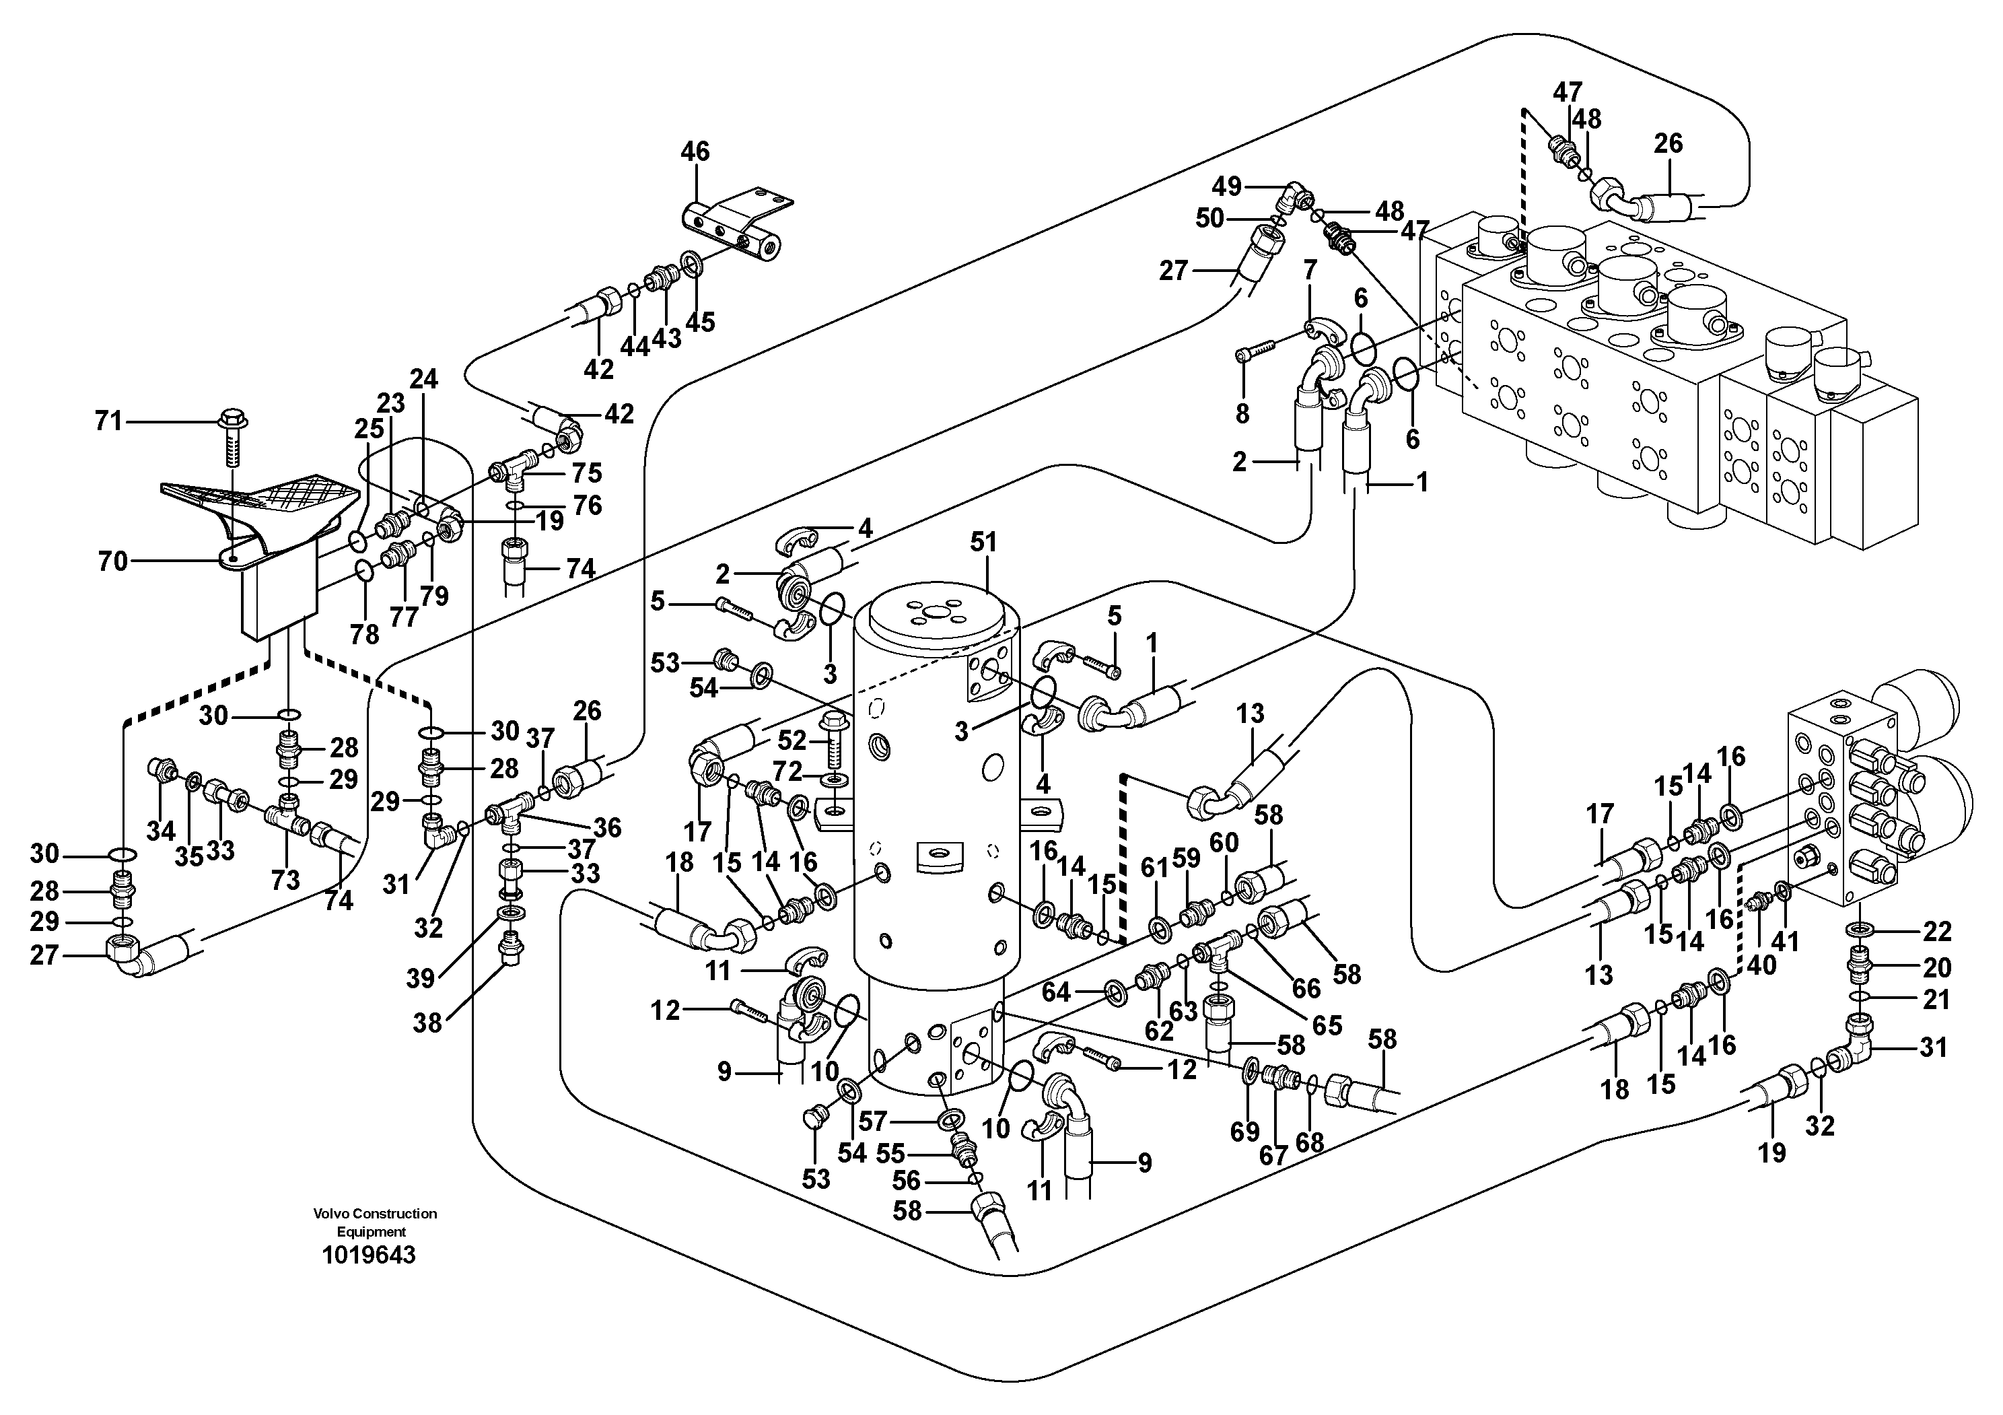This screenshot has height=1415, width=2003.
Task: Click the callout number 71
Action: [x=109, y=422]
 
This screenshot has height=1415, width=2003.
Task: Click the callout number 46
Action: [x=695, y=151]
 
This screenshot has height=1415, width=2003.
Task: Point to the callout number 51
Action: [x=983, y=543]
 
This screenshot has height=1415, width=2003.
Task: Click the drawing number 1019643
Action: [x=368, y=1256]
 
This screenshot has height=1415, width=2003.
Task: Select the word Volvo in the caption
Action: [x=330, y=1214]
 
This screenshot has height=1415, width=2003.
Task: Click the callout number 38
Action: [x=427, y=1023]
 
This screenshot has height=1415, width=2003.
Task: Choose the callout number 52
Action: [x=792, y=740]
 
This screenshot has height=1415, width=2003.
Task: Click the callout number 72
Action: [x=787, y=771]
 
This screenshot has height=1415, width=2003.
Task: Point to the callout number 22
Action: [x=1936, y=932]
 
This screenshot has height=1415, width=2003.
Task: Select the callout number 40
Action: [x=1761, y=966]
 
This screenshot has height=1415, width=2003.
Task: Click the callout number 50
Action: [x=1210, y=218]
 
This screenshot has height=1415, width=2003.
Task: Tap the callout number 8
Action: [x=1242, y=413]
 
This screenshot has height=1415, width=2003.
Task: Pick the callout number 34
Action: [x=160, y=831]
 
